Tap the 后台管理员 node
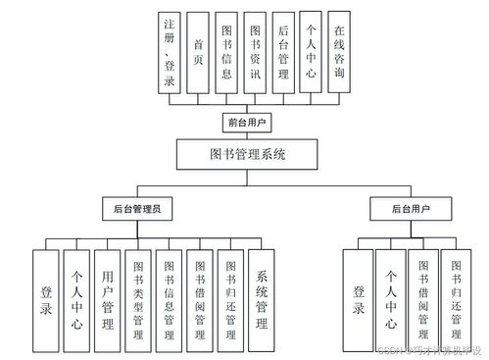[137, 208]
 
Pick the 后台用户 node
[411, 208]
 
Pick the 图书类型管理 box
[138, 298]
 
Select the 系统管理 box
[262, 298]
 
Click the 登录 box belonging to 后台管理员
[46, 298]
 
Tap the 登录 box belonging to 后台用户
[359, 298]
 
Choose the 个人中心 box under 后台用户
[390, 298]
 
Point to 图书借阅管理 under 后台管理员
[200, 298]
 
